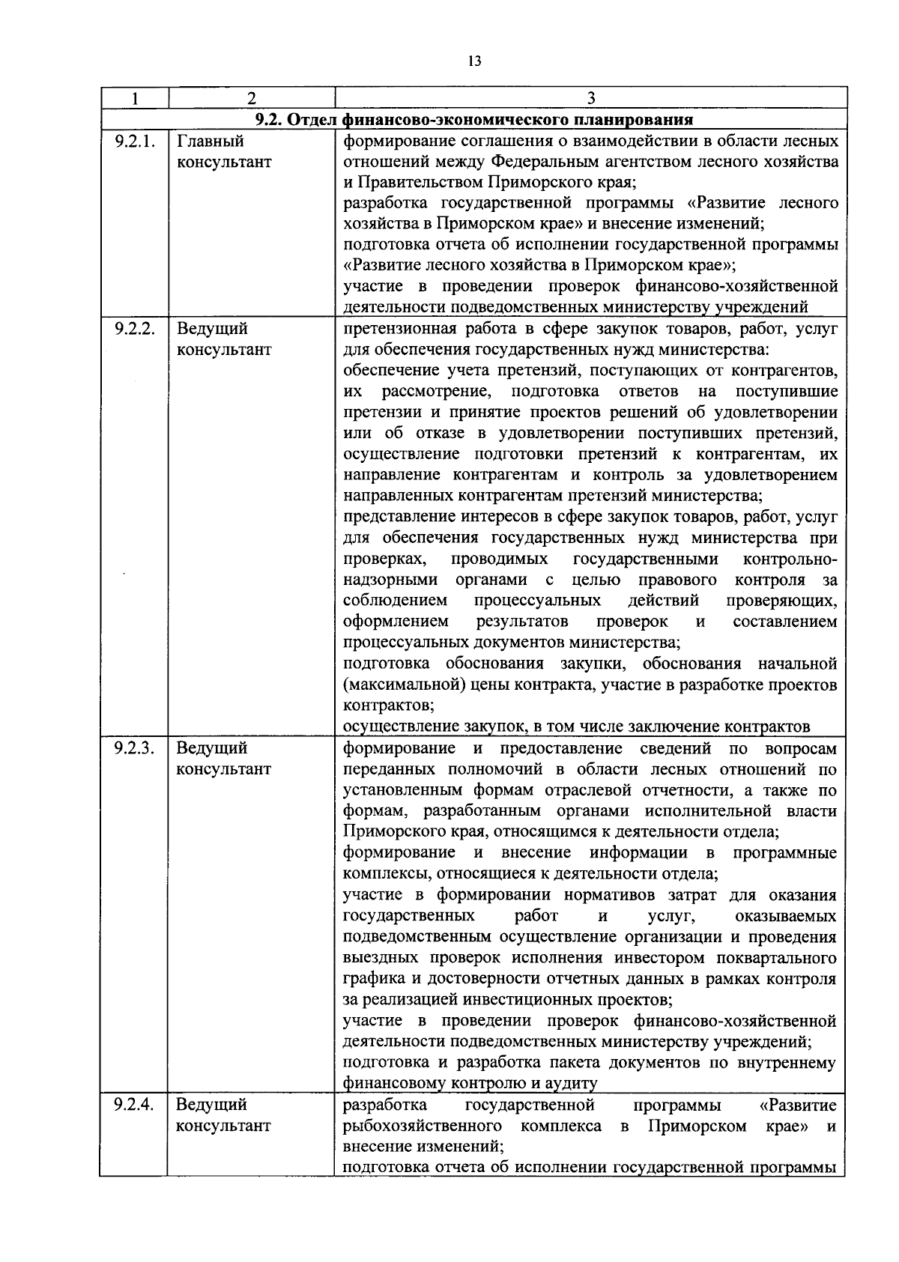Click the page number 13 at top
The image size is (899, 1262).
point(473,61)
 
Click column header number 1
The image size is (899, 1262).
point(134,98)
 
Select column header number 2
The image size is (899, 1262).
point(251,98)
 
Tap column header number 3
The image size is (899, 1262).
point(591,98)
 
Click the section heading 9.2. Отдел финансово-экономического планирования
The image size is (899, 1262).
point(473,120)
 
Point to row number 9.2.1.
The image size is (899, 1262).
point(134,141)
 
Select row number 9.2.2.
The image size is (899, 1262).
point(134,328)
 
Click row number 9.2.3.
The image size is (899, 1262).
point(134,747)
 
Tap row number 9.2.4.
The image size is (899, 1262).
point(134,1104)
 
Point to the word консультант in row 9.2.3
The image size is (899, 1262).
point(224,769)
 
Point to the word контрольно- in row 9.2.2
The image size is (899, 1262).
point(790,559)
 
